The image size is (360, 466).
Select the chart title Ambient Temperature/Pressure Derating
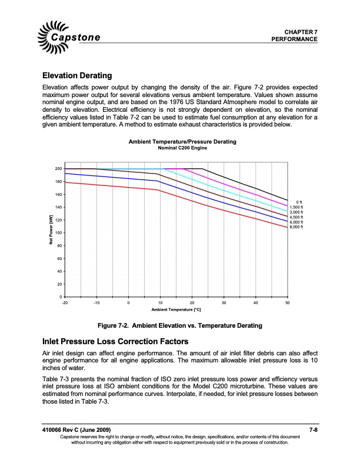(x=182, y=142)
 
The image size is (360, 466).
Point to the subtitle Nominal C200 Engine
(x=182, y=148)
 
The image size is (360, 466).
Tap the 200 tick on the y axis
(x=58, y=169)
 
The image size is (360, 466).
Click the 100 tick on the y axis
(x=58, y=233)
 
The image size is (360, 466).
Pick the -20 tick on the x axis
(x=64, y=302)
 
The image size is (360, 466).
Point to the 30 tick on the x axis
(x=224, y=302)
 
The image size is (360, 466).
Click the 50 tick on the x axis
(x=287, y=302)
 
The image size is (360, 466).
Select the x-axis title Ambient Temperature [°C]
(x=175, y=309)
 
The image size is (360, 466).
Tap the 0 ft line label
(x=299, y=202)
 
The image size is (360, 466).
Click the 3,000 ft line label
(x=296, y=212)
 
